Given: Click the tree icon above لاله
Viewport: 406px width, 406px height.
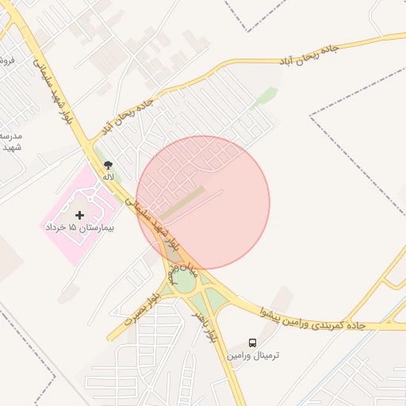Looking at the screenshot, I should [108, 165].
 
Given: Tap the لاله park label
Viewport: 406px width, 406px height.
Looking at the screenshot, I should [108, 176].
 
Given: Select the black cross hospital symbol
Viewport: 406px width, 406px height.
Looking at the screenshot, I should [79, 215].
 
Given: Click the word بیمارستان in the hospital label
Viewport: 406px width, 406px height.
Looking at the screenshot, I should [93, 228].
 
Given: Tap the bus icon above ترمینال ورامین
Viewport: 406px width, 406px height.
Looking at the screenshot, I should [252, 343].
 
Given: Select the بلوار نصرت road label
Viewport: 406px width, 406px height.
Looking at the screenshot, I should [143, 308].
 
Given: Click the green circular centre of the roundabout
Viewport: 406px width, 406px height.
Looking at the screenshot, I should [184, 282].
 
